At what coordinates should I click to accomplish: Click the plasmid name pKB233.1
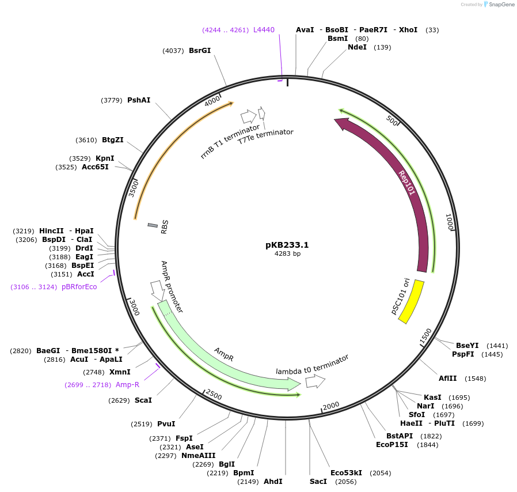click(x=287, y=245)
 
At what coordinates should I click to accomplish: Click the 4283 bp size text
click(x=287, y=253)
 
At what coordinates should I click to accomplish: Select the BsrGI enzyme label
click(x=200, y=50)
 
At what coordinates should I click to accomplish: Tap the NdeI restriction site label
click(x=357, y=47)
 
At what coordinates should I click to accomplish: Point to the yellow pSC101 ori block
click(x=411, y=302)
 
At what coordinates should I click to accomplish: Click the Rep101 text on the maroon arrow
click(x=406, y=183)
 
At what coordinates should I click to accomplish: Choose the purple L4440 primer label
click(x=264, y=30)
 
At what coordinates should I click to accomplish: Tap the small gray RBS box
click(x=153, y=225)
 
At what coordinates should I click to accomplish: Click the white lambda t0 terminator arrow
click(x=315, y=381)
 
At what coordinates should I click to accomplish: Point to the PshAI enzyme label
click(x=139, y=100)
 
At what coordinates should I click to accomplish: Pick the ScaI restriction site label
click(x=143, y=400)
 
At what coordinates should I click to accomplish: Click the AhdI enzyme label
click(x=273, y=481)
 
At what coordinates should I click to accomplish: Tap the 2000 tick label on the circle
click(x=330, y=407)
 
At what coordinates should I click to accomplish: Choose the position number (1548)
click(x=476, y=379)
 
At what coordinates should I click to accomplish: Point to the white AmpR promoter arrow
click(x=155, y=289)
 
